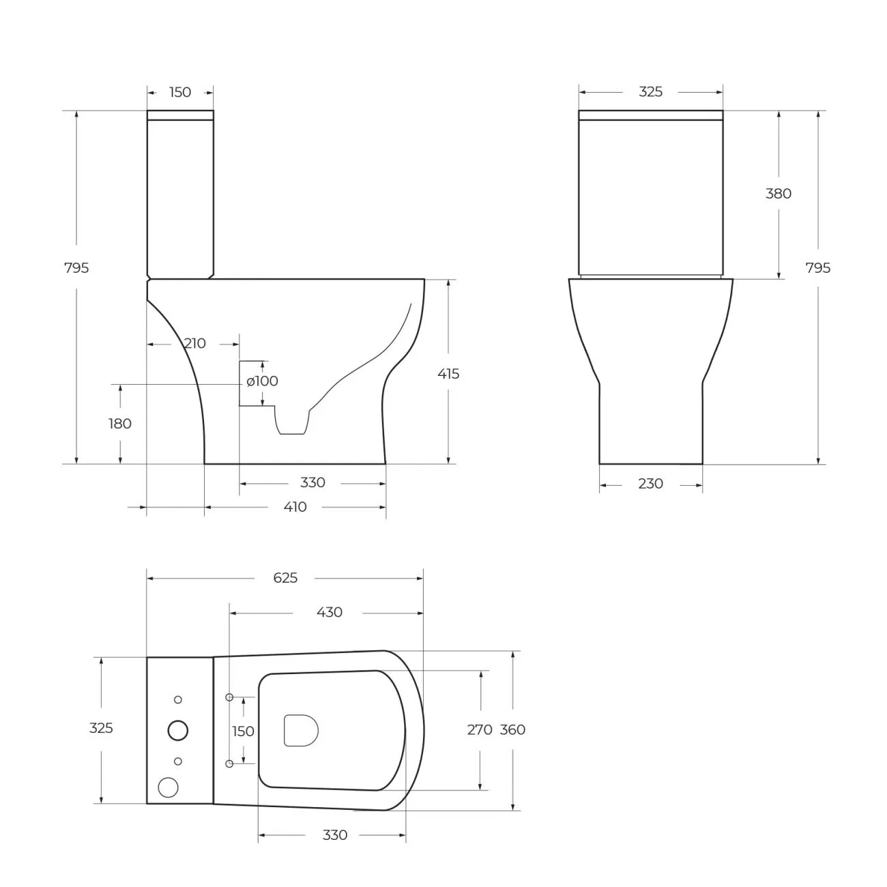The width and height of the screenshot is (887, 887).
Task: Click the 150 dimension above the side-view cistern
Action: [x=180, y=93]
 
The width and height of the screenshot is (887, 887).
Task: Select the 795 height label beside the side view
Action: [x=76, y=267]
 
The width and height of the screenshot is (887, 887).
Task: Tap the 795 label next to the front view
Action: [x=818, y=267]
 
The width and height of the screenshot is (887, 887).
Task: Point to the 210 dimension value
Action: [x=194, y=343]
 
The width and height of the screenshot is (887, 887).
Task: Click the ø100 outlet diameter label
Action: [x=263, y=381]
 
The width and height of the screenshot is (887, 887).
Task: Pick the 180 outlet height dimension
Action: [x=120, y=424]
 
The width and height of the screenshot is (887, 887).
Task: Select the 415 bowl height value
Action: [x=448, y=374]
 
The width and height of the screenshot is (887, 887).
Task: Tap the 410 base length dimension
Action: [x=295, y=507]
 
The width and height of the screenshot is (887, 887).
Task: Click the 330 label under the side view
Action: [x=312, y=482]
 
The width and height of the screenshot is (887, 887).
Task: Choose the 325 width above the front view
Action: [x=650, y=92]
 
